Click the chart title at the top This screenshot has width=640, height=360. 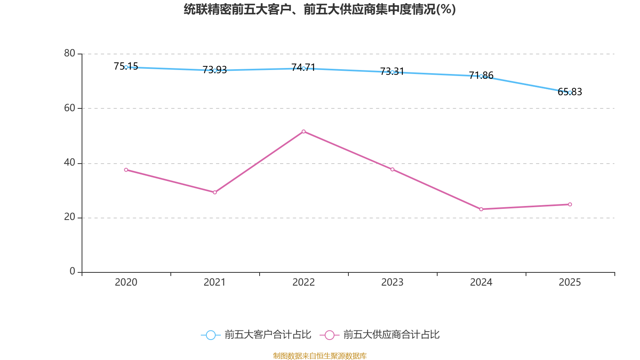pos(320,10)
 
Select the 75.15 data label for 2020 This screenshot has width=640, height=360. pos(126,66)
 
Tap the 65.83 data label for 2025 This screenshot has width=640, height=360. pos(570,92)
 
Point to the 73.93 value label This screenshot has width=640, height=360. pos(214,70)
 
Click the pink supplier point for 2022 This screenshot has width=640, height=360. pos(304,132)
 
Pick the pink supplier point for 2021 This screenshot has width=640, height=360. pos(215,192)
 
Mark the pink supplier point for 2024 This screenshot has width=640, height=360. pos(481,209)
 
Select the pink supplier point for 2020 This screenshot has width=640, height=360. pos(126,170)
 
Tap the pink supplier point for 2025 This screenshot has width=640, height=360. pos(570,204)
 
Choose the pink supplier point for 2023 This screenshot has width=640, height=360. pos(392,170)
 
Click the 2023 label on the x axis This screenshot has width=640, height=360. pos(392,282)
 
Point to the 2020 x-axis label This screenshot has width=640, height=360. pos(126,282)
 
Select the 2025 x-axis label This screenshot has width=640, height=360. pos(570,282)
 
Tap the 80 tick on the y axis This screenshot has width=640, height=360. pos(70,54)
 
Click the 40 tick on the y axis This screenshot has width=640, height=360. pos(70,163)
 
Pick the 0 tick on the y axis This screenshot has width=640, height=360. pos(72,272)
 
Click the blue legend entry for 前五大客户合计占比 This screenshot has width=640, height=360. pos(256,334)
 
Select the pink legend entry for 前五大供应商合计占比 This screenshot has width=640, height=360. pos(380,334)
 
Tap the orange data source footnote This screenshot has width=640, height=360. pos(320,356)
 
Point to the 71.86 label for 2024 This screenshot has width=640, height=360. pos(481,76)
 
